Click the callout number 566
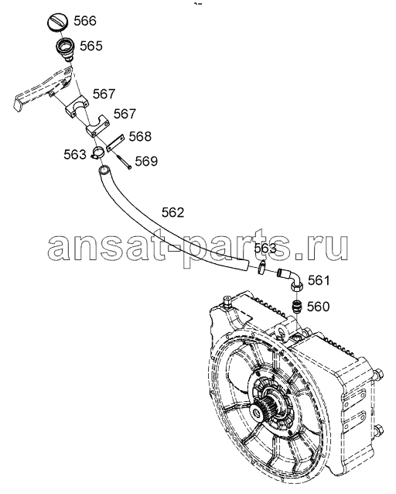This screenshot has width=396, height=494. click(x=84, y=21)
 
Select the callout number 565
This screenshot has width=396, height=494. click(x=91, y=46)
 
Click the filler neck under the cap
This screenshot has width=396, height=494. click(x=66, y=50)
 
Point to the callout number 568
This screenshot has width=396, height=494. click(x=140, y=136)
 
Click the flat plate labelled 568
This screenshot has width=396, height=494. click(x=115, y=143)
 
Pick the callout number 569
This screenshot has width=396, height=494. click(x=146, y=161)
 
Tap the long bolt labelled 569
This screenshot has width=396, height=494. click(x=125, y=161)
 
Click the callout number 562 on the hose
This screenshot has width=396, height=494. click(x=172, y=213)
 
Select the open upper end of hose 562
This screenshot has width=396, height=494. click(x=104, y=171)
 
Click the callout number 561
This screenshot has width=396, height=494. click(x=319, y=280)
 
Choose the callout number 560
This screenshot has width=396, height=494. click(x=318, y=306)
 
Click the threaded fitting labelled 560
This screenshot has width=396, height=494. click(x=296, y=307)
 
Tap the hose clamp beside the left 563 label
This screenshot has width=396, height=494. click(x=97, y=153)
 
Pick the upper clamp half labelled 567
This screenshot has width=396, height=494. click(x=77, y=107)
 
